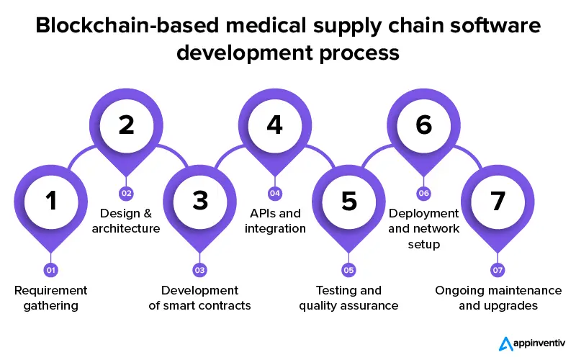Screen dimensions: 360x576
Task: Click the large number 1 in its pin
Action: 51,201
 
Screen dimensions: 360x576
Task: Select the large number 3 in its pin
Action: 200,201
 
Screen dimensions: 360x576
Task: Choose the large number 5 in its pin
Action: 349,201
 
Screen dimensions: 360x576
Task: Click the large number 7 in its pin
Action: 498,201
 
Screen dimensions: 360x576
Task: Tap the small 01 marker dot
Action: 51,270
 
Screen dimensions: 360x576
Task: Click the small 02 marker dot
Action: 126,193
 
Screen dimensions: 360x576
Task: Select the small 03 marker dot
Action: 200,270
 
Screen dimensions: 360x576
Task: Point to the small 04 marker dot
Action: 274,193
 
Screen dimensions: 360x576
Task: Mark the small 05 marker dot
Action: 349,270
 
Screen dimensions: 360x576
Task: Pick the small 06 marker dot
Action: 423,193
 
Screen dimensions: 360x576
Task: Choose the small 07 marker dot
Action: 498,270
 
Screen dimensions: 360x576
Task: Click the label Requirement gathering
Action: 51,297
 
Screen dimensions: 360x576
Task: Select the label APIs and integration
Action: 275,221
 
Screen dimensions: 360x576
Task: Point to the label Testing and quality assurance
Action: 349,297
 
